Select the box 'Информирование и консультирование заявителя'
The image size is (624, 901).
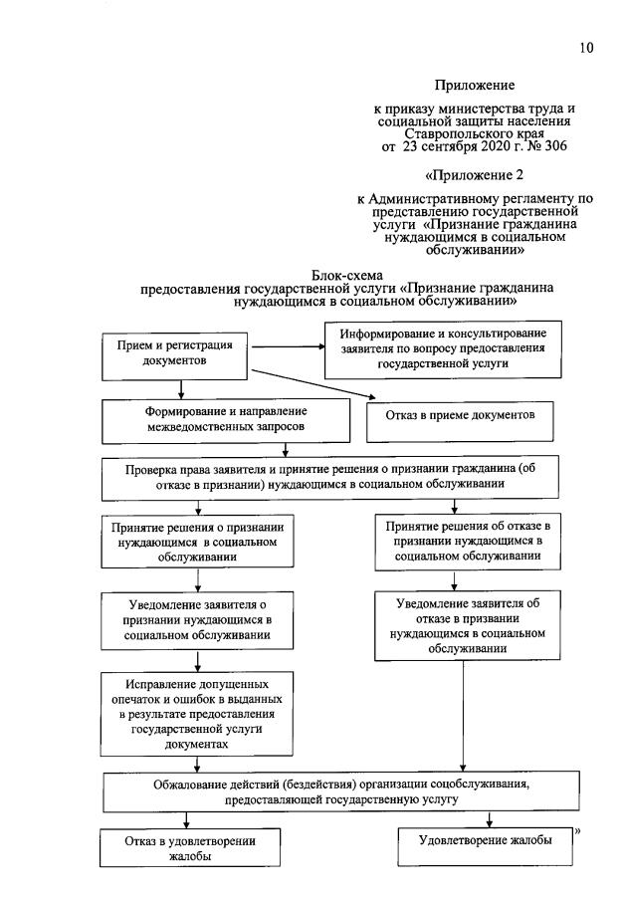443,347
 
